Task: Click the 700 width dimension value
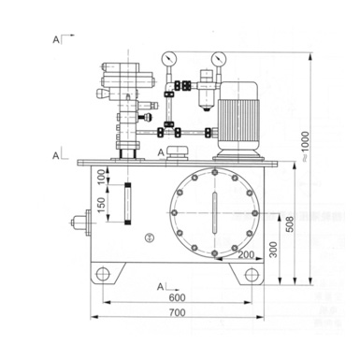[178, 312]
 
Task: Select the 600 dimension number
[177, 297]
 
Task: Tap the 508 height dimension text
[290, 224]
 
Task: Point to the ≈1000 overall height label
[305, 147]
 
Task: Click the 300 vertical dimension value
[273, 249]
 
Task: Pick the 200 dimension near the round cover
[246, 254]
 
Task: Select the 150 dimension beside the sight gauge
[101, 205]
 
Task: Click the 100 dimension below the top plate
[101, 177]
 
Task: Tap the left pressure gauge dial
[169, 59]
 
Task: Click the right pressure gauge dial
[219, 59]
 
